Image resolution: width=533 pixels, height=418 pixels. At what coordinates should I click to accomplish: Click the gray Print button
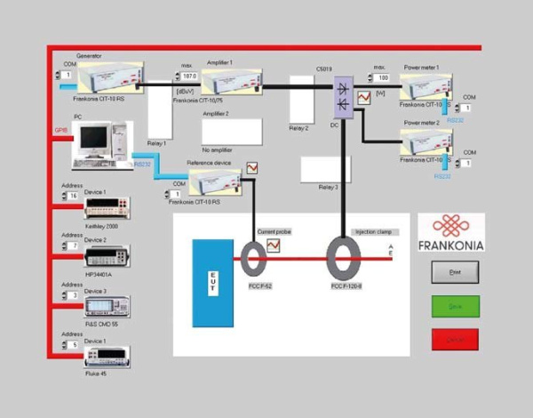pyautogui.click(x=455, y=272)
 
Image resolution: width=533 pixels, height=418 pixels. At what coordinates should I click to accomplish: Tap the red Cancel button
pyautogui.click(x=455, y=340)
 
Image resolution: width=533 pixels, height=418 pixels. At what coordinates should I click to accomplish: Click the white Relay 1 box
pyautogui.click(x=159, y=111)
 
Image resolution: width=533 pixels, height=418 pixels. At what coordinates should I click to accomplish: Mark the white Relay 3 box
pyautogui.click(x=325, y=168)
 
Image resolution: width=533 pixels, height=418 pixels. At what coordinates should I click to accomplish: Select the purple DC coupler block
pyautogui.click(x=342, y=95)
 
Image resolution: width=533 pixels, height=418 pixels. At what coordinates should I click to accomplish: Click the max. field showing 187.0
pyautogui.click(x=188, y=77)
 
